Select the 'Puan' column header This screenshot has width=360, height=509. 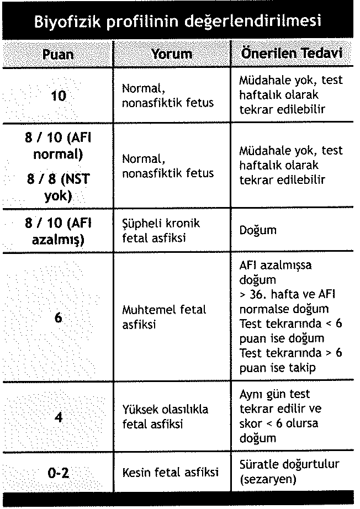[x=58, y=54]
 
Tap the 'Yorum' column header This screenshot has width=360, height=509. [x=172, y=54]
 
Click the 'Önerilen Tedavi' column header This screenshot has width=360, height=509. [x=293, y=54]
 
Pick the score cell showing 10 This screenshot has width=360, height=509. [x=58, y=96]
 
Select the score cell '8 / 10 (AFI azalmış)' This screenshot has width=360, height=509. [x=58, y=231]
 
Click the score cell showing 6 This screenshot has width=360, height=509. [x=58, y=317]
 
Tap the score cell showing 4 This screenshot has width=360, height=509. [x=58, y=417]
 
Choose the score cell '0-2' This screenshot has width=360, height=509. [x=58, y=473]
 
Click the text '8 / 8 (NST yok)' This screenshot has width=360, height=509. [x=58, y=187]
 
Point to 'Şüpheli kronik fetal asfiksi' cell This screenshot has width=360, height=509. [x=161, y=231]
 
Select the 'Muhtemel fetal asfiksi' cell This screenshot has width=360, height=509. [x=163, y=317]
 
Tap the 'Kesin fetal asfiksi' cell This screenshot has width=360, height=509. [x=170, y=473]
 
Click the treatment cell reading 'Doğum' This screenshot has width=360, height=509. [x=258, y=231]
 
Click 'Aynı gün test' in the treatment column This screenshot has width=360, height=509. [x=274, y=394]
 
